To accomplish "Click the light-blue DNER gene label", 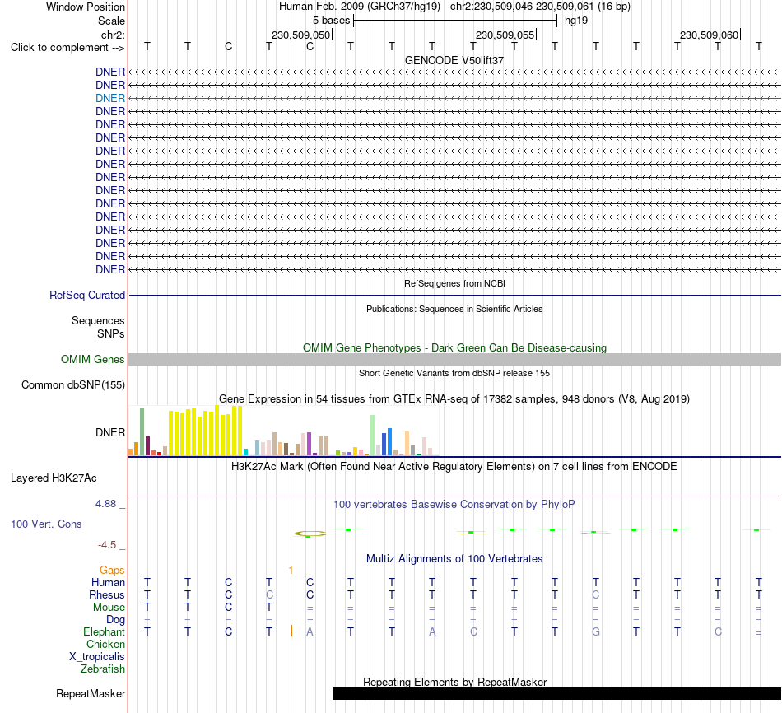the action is pyautogui.click(x=110, y=98).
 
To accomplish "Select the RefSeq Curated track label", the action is pyautogui.click(x=87, y=295).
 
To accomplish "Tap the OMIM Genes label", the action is pyautogui.click(x=93, y=359).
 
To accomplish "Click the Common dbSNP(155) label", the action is pyautogui.click(x=73, y=384).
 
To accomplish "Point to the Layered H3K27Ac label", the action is pyautogui.click(x=54, y=478).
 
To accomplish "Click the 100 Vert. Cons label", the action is pyautogui.click(x=46, y=524).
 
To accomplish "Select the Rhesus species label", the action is pyautogui.click(x=107, y=594).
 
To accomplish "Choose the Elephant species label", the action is pyautogui.click(x=104, y=631).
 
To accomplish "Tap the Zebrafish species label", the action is pyautogui.click(x=103, y=669).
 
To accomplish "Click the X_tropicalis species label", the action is pyautogui.click(x=97, y=657).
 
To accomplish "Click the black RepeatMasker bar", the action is pyautogui.click(x=556, y=693).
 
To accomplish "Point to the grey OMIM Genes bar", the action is pyautogui.click(x=455, y=359).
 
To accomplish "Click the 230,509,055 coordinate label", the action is pyautogui.click(x=505, y=35).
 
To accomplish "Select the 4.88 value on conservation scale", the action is pyautogui.click(x=105, y=504).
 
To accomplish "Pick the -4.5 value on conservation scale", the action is pyautogui.click(x=107, y=545).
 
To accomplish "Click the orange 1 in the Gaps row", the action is pyautogui.click(x=291, y=570).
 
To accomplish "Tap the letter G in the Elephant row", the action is pyautogui.click(x=595, y=631).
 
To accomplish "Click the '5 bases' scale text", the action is pyautogui.click(x=331, y=21).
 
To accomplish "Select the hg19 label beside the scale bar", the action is pyautogui.click(x=576, y=21).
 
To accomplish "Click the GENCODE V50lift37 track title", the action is pyautogui.click(x=454, y=60).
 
